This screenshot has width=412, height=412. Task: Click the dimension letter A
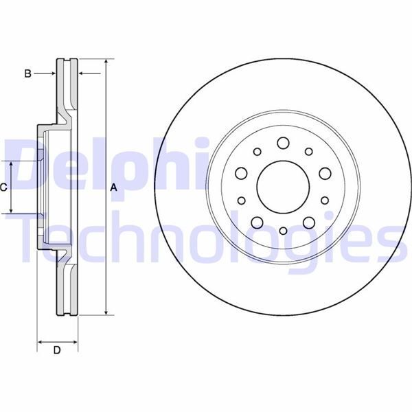coord(114,187)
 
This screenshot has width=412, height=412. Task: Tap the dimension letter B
coord(27,73)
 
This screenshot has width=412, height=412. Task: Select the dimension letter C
coord(4,187)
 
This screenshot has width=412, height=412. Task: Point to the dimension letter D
coord(57,351)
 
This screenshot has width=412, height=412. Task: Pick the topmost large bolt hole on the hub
coord(283,144)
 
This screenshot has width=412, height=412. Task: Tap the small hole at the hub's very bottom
coord(283,232)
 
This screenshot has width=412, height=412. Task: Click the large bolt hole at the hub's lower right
coord(308,221)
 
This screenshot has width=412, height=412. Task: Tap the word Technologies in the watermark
coord(206,237)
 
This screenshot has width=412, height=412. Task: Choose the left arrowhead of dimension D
coord(40,341)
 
